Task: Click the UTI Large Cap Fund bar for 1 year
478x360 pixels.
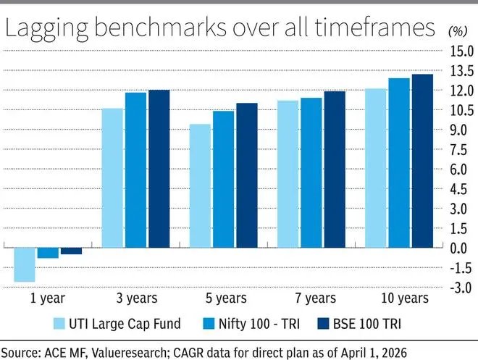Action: tap(25, 264)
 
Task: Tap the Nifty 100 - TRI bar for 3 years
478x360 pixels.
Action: tap(135, 169)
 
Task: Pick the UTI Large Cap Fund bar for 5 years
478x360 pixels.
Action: tap(201, 185)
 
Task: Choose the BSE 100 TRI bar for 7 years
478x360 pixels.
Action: tap(335, 169)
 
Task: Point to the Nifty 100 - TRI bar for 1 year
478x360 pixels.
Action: tap(49, 252)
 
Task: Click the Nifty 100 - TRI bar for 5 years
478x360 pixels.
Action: tap(224, 179)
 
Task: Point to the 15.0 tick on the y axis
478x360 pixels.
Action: tap(461, 52)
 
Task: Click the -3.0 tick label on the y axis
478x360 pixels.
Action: tap(461, 287)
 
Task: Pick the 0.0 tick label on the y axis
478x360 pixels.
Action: tap(461, 248)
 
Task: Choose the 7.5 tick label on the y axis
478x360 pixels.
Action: tap(461, 150)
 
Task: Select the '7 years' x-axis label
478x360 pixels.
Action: tap(312, 298)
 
